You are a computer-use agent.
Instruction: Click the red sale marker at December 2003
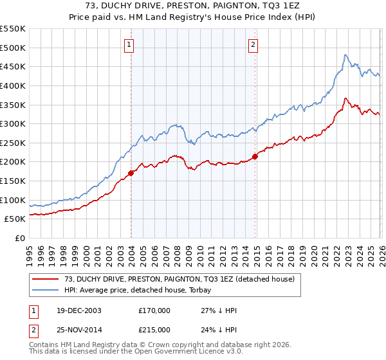pos(131,172)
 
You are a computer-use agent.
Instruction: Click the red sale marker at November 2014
pos(255,156)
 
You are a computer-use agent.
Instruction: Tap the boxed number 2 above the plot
pos(253,45)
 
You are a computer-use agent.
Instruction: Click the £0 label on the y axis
pos(20,239)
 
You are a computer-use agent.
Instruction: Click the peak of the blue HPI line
pos(345,55)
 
